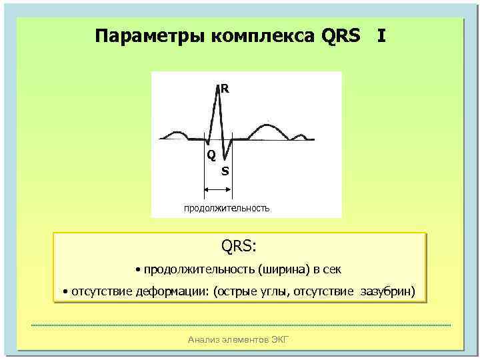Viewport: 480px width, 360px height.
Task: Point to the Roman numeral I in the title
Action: coord(381,35)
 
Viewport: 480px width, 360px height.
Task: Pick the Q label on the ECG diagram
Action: coord(211,155)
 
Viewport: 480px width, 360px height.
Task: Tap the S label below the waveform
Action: coord(225,171)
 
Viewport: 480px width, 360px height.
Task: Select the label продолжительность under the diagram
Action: coord(227,208)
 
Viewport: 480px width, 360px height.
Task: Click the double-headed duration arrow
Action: coord(217,191)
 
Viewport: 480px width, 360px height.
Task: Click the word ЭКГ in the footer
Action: coord(280,341)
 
